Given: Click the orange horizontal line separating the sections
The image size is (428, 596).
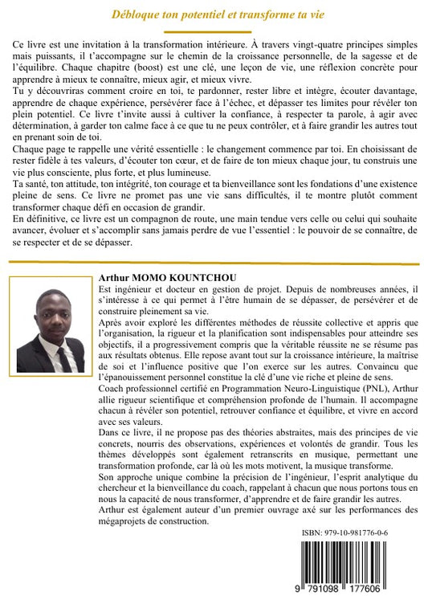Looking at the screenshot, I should click(214, 262).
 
